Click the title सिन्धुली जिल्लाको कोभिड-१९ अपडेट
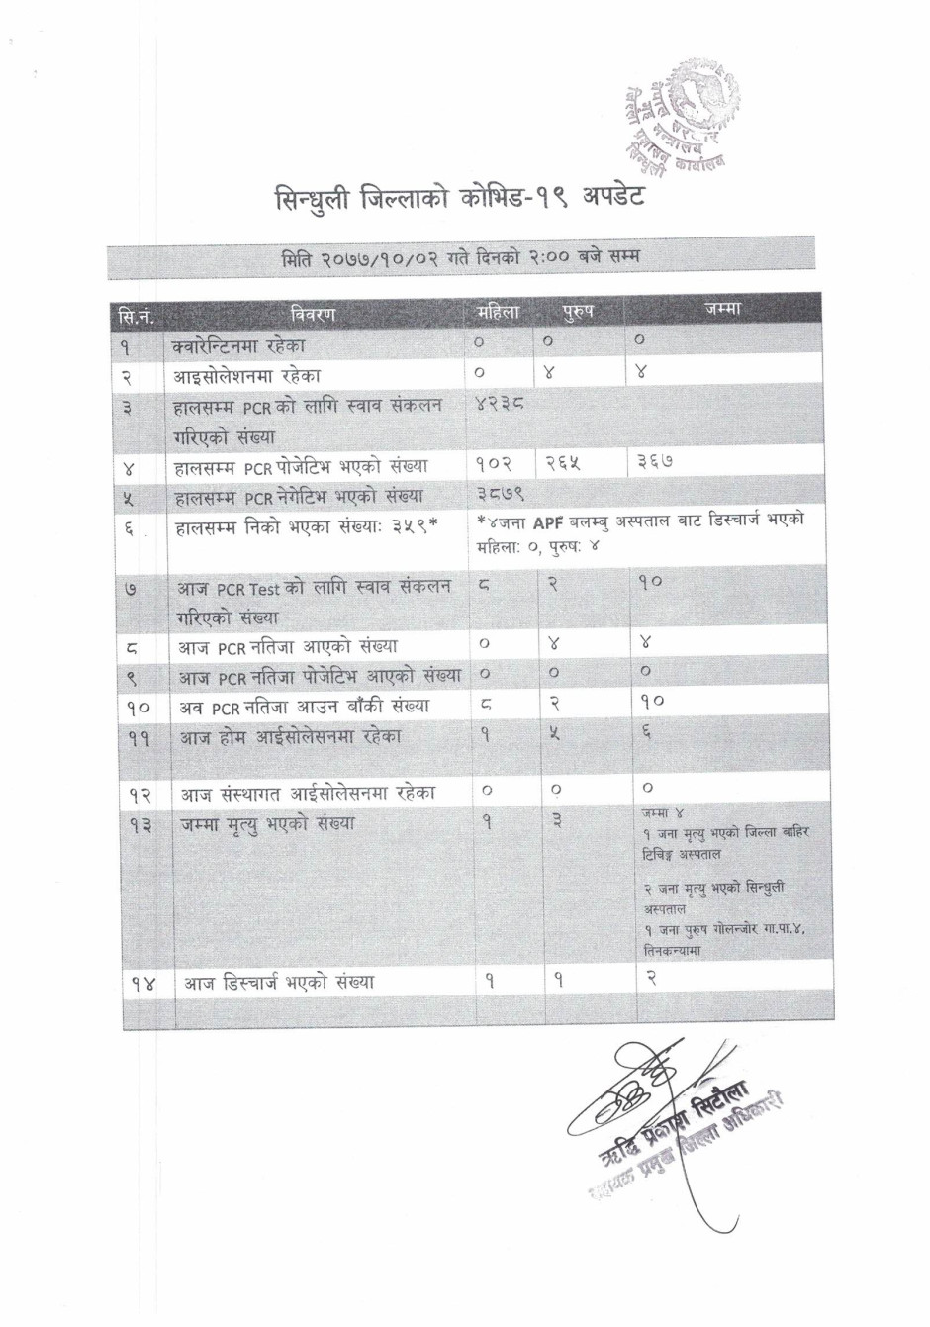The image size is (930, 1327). coord(459,197)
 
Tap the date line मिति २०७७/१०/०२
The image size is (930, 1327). coord(460,258)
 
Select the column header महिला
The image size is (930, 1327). coord(498,312)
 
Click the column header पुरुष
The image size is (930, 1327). coord(578,312)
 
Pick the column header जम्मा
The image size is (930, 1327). coord(723,309)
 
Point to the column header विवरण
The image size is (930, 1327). coord(314,314)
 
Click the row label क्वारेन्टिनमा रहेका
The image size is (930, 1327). coord(238,345)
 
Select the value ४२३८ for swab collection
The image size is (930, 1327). coord(500,404)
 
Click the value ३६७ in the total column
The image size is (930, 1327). coord(654,462)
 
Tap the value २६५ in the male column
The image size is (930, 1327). coord(563,462)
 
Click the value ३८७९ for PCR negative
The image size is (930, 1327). coord(500,492)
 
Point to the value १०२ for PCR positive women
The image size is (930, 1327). coord(494,463)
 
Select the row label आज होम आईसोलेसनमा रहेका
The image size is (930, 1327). coord(290,737)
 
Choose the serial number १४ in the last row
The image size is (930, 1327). coord(142,985)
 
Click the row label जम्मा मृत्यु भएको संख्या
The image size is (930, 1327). coord(266,824)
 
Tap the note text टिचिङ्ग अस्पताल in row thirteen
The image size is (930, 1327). coord(682,854)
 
